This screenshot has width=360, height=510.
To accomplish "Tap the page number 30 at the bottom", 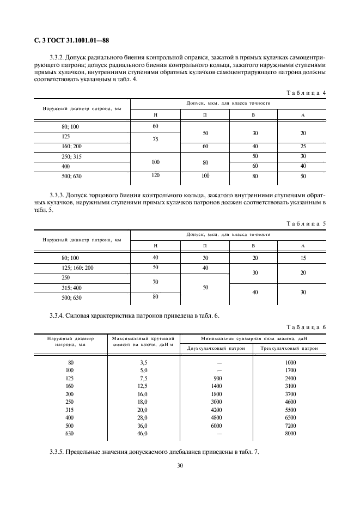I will click(180, 465).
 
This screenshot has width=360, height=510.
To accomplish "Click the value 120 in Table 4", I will click(155, 176).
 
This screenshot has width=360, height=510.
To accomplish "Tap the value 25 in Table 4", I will click(302, 146).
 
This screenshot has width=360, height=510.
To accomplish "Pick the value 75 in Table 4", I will click(155, 139).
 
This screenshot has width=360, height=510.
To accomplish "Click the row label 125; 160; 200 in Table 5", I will click(78, 268).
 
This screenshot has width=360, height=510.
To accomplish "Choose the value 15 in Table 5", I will click(302, 257).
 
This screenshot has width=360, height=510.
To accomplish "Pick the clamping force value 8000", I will click(290, 433).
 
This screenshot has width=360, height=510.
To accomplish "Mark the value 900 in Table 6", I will click(216, 378).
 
